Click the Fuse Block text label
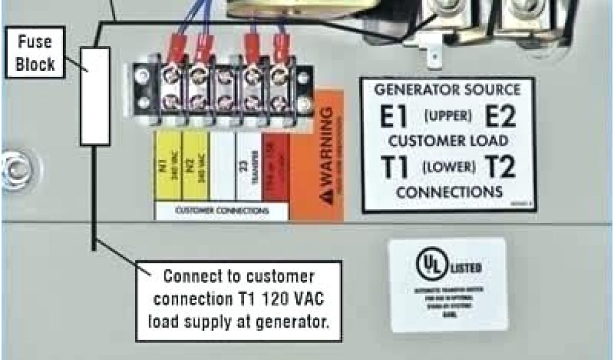[36, 53]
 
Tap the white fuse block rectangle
[95, 96]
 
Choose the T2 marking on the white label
[500, 167]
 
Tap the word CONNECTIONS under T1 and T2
[449, 193]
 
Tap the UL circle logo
[430, 266]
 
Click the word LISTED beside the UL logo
[462, 266]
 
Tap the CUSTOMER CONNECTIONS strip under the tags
[222, 211]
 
